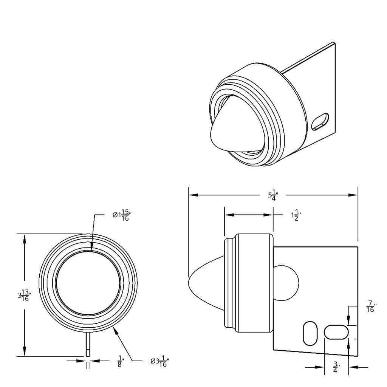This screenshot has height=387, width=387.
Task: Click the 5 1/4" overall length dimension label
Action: tap(273, 195)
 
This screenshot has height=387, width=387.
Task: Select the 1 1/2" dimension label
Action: tap(296, 215)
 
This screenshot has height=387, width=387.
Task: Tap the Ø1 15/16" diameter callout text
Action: tap(121, 215)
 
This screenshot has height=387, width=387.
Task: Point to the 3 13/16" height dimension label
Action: tap(25, 296)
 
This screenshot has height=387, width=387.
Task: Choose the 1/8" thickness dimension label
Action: tap(120, 361)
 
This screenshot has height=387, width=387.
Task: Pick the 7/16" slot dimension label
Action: tap(371, 306)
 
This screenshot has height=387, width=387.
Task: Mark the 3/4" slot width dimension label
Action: tap(336, 367)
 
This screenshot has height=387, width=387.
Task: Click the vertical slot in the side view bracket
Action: tap(310, 333)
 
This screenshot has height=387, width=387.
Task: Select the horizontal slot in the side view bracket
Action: tap(336, 332)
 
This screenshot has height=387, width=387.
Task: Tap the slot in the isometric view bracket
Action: tap(320, 121)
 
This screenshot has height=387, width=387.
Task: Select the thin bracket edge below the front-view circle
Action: tap(88, 344)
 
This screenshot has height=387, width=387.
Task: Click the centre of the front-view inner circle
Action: tap(88, 283)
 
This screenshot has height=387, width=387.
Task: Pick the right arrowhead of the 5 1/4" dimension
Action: tap(353, 195)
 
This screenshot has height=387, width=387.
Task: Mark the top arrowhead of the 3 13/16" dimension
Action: tap(25, 239)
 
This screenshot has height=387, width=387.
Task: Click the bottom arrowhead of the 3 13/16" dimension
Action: tap(25, 351)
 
